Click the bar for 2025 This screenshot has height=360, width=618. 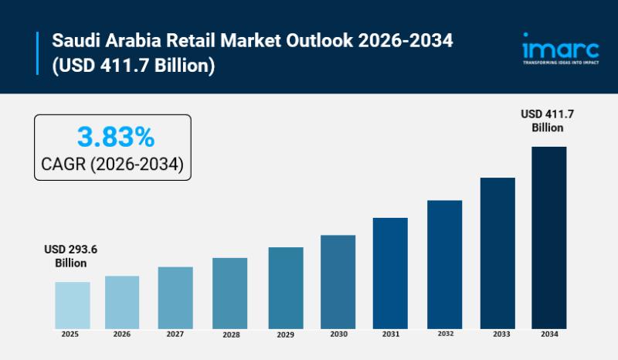click(x=73, y=304)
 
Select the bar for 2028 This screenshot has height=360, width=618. click(x=230, y=293)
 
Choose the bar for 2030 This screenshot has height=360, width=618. click(x=338, y=281)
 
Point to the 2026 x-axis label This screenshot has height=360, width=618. click(x=122, y=335)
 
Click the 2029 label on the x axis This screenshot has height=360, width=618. click(x=286, y=335)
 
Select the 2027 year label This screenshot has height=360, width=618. click(x=175, y=335)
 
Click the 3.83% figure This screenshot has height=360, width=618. click(x=116, y=138)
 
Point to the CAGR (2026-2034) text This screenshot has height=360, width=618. click(x=112, y=165)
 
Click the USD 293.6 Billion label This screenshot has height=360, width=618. click(x=70, y=256)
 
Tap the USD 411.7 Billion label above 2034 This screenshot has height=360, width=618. click(x=548, y=121)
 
